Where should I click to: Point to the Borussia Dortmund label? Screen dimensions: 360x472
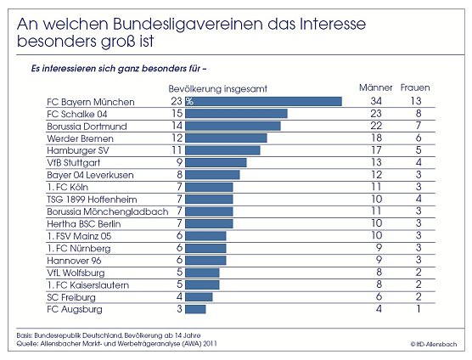87,126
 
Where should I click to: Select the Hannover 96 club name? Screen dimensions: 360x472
74,261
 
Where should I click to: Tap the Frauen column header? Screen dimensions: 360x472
415,87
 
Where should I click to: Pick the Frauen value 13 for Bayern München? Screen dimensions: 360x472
415,101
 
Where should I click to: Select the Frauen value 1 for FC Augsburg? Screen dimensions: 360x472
417,309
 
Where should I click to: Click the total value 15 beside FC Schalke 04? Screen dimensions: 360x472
177,113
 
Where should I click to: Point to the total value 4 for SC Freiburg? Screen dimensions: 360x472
178,297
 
